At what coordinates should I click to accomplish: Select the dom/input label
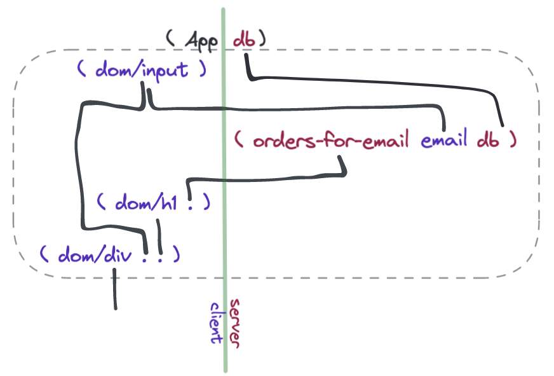[141, 69]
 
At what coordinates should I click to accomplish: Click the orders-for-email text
[330, 140]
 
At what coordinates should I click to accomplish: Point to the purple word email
[445, 140]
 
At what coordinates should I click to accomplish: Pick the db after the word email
[488, 140]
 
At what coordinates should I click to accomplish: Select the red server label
[234, 322]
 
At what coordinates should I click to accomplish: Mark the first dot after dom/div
[147, 258]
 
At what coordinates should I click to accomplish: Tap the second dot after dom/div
[161, 258]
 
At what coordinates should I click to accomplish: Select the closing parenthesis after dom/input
[202, 69]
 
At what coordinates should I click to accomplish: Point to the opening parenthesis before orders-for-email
[238, 140]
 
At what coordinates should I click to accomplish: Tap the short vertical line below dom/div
[115, 289]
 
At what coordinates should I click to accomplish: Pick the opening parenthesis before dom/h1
[100, 204]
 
